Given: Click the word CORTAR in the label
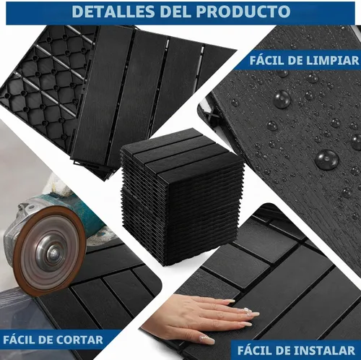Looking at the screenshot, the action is [x=79, y=340].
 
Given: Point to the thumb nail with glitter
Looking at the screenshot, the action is [x=207, y=339].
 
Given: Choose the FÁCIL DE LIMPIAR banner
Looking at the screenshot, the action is [x=297, y=60].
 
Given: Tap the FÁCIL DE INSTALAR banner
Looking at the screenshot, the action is [x=296, y=350].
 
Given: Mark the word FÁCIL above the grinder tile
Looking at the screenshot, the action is [x=20, y=340].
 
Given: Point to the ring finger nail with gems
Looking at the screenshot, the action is [x=247, y=310].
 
